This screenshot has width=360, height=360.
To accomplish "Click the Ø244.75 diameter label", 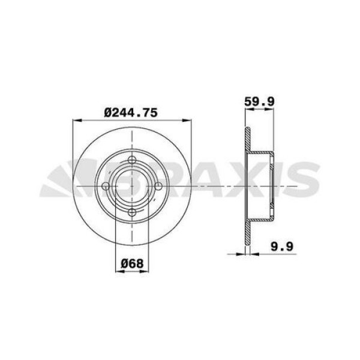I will click(x=131, y=111).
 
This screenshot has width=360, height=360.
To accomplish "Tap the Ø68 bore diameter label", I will click(x=131, y=262).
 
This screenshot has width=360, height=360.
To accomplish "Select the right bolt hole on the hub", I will click(x=158, y=187).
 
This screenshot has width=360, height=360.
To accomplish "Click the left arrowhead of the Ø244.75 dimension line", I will click(x=76, y=120).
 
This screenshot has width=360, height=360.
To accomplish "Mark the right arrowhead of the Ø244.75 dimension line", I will click(x=188, y=120).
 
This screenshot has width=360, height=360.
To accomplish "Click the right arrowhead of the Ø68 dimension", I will click(x=148, y=271).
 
